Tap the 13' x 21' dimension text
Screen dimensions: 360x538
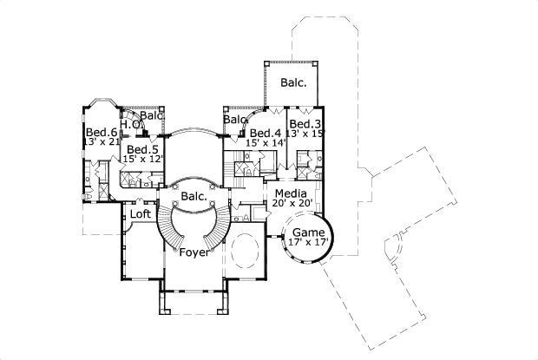[100, 141]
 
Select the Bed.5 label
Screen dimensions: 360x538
[141, 149]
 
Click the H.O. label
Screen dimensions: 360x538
[130, 125]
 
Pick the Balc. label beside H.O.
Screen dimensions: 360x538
[153, 115]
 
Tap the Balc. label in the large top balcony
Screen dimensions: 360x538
[292, 83]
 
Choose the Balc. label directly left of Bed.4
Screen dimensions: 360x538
[236, 120]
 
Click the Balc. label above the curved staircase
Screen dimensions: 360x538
[194, 196]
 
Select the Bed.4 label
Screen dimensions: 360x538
[264, 133]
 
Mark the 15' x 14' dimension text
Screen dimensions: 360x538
[266, 142]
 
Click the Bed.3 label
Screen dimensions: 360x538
[305, 123]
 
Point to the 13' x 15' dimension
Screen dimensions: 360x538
[305, 134]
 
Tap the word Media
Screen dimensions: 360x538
[290, 193]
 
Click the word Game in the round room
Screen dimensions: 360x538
[308, 233]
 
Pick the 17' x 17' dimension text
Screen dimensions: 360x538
[308, 244]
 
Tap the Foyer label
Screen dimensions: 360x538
[193, 253]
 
